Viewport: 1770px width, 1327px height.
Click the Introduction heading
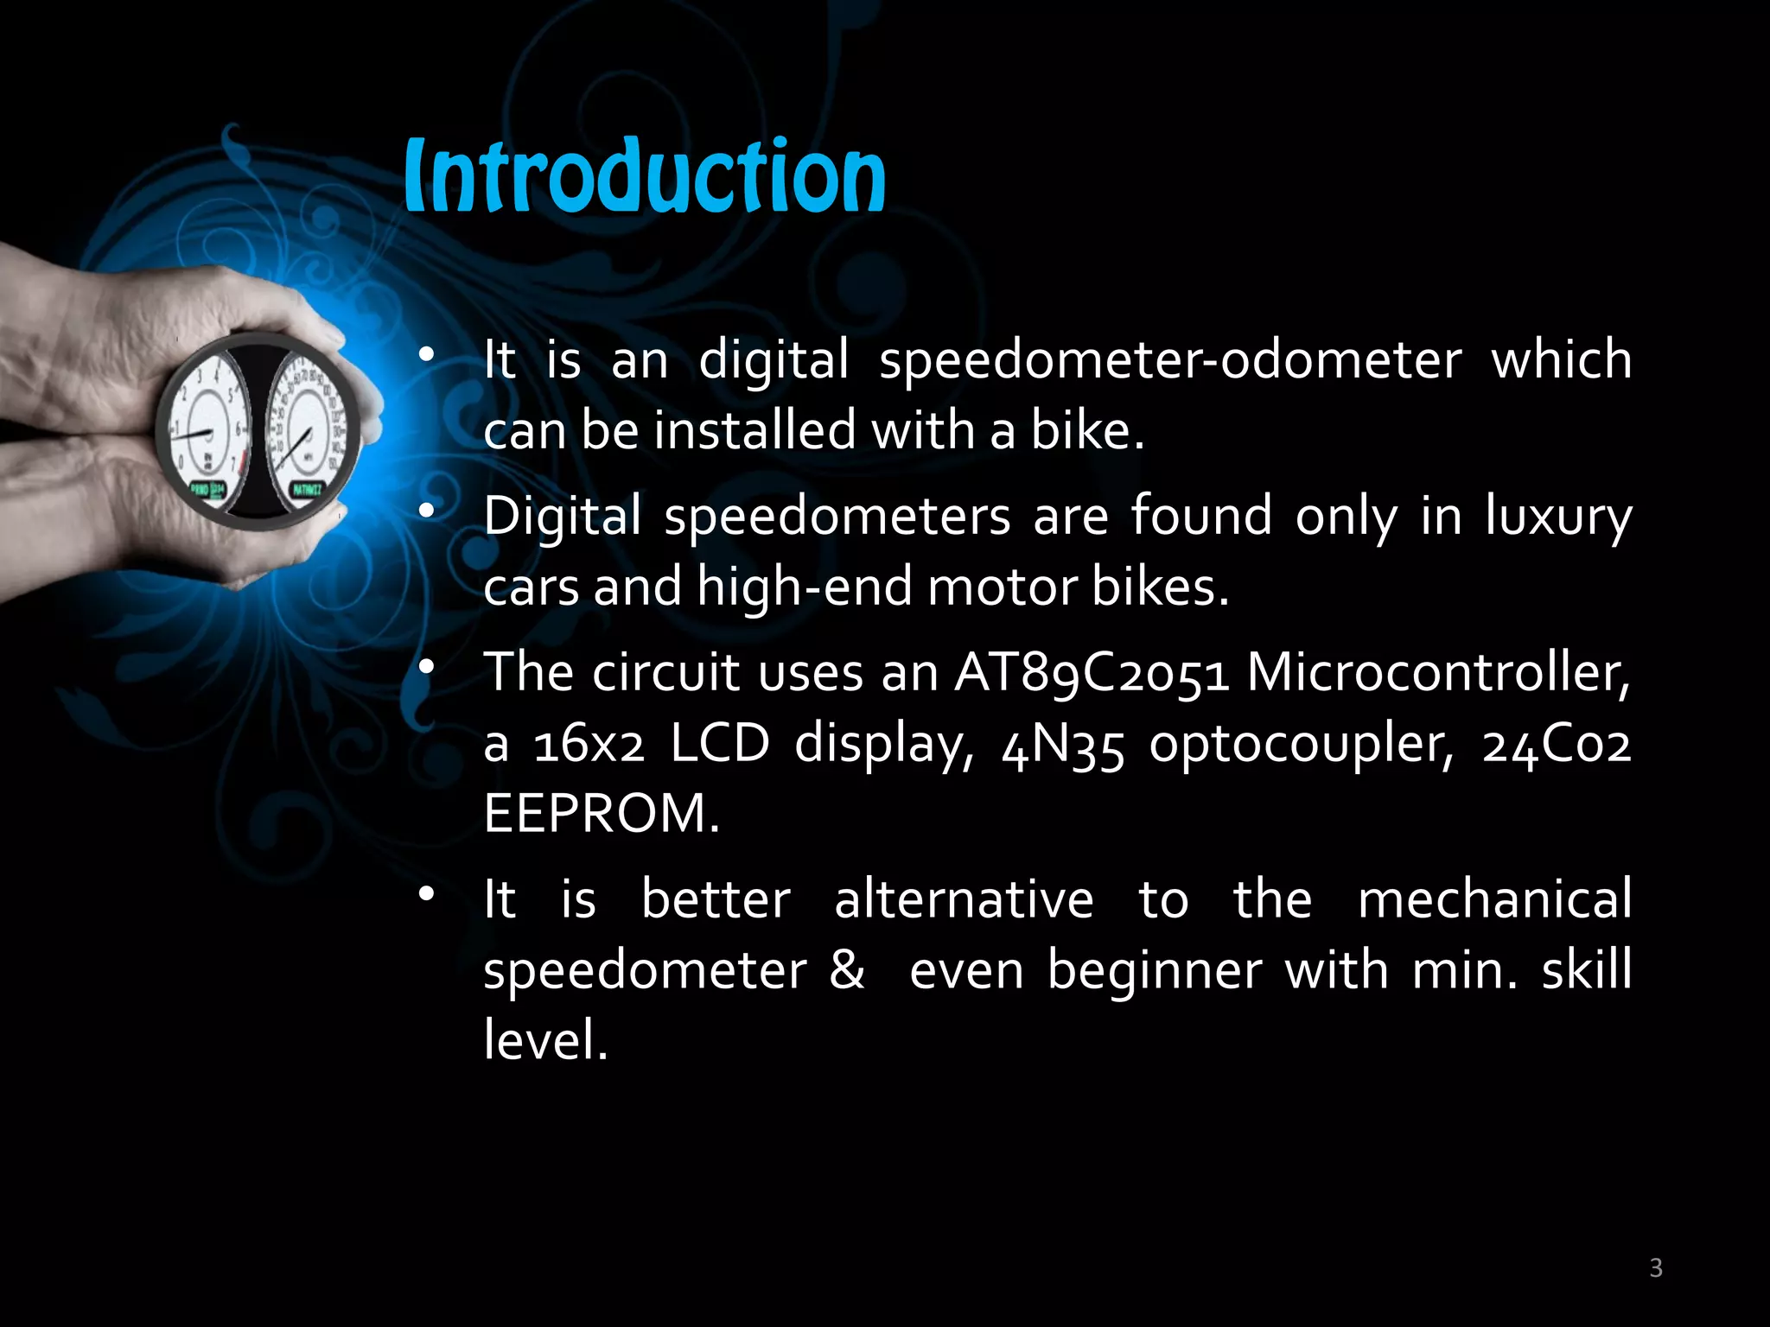tap(645, 176)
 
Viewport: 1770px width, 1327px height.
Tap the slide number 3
tap(1656, 1267)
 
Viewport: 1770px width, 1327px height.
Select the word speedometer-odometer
tap(1170, 360)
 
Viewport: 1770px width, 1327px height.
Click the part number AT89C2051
tap(1092, 672)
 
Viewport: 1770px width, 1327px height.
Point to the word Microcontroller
tap(1438, 672)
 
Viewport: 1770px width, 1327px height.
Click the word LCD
tap(720, 744)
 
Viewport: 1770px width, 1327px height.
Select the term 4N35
tap(1063, 744)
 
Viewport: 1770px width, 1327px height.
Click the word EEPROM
tap(601, 814)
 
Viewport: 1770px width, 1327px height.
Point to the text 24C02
tap(1557, 744)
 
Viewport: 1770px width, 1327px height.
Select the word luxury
tap(1558, 517)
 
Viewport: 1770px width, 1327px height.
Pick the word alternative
tap(964, 899)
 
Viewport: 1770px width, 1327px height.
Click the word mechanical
tap(1494, 899)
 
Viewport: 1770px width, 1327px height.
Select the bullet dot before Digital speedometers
tap(425, 511)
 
